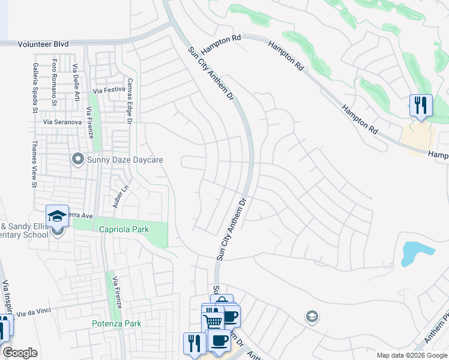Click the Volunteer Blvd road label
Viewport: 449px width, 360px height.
coord(43,44)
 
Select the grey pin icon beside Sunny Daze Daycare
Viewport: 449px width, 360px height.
coord(77,160)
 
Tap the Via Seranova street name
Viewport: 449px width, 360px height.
coord(62,122)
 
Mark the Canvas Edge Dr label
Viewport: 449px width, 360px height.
coord(128,101)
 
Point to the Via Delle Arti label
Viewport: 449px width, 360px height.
coord(76,82)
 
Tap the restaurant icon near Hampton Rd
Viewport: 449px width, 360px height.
coord(420,106)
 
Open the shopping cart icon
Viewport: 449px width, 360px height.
coord(213,321)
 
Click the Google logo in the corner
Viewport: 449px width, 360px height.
coord(20,353)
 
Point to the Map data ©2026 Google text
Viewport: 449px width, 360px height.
coord(411,355)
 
